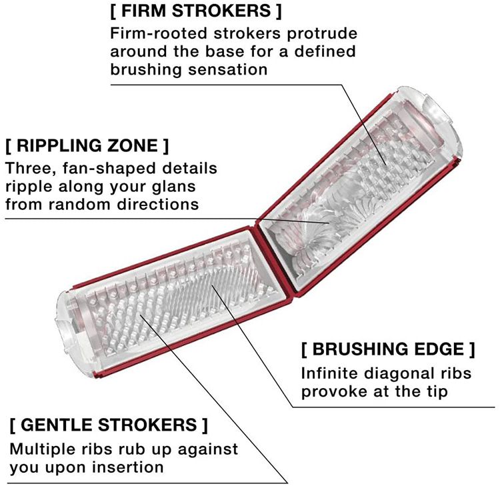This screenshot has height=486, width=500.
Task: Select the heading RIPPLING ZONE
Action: tap(87, 145)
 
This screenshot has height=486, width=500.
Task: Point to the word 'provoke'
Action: tap(333, 391)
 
